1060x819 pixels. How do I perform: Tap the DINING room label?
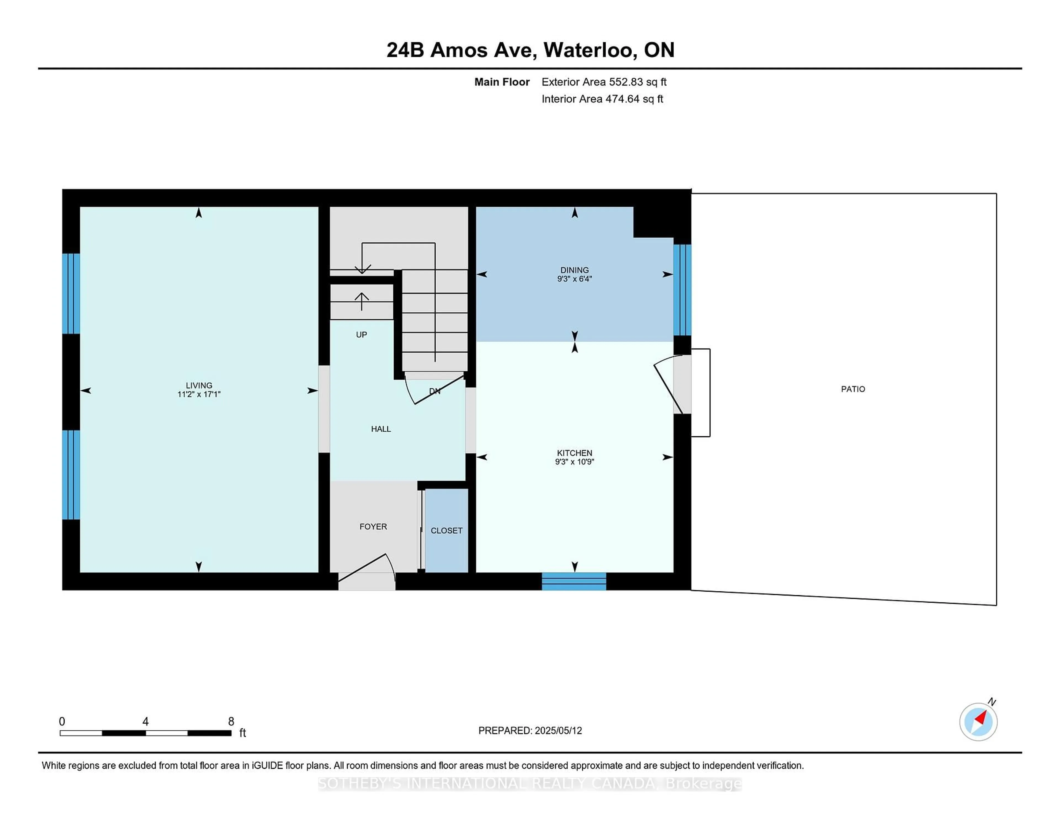(575, 270)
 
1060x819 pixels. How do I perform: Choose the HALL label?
(381, 429)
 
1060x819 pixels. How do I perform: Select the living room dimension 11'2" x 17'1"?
(199, 394)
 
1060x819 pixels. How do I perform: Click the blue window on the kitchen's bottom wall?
(574, 581)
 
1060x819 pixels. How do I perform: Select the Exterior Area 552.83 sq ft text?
(604, 82)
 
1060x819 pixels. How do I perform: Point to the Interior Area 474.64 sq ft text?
(602, 99)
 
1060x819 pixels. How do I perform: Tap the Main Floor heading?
(502, 82)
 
